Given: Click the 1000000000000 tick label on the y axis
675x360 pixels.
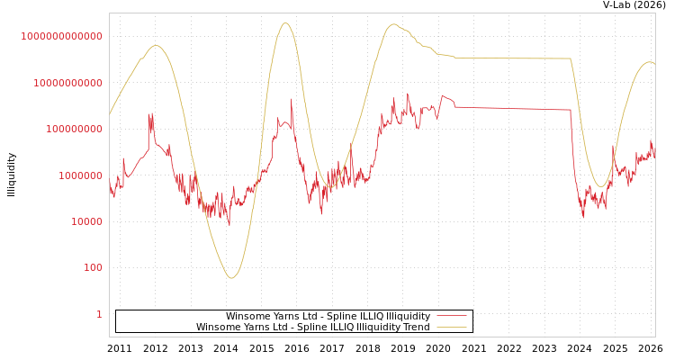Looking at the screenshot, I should point(62,36).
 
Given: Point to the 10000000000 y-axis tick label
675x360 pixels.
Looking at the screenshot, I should point(67,83).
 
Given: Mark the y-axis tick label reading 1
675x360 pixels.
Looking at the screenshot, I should point(99,314).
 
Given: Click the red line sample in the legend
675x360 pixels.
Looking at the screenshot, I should point(452,316).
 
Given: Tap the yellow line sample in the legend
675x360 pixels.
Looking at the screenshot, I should point(452,327).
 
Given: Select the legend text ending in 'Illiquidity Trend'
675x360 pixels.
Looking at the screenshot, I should point(312,327).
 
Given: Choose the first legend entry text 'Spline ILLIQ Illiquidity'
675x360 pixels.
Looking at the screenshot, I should point(328,316).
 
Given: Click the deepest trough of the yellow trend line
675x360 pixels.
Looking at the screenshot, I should point(231,278).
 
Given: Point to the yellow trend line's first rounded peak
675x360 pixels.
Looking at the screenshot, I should point(156,46).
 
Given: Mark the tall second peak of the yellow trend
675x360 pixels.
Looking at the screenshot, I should point(286,23).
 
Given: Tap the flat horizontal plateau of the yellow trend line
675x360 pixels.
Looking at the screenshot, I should point(513,58).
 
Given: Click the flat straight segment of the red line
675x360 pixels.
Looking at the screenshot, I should point(513,109).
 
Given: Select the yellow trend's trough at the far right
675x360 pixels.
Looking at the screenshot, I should point(600,186).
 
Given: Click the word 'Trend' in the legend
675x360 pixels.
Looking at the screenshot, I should point(417,327).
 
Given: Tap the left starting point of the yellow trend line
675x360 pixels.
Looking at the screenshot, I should point(110,113).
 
